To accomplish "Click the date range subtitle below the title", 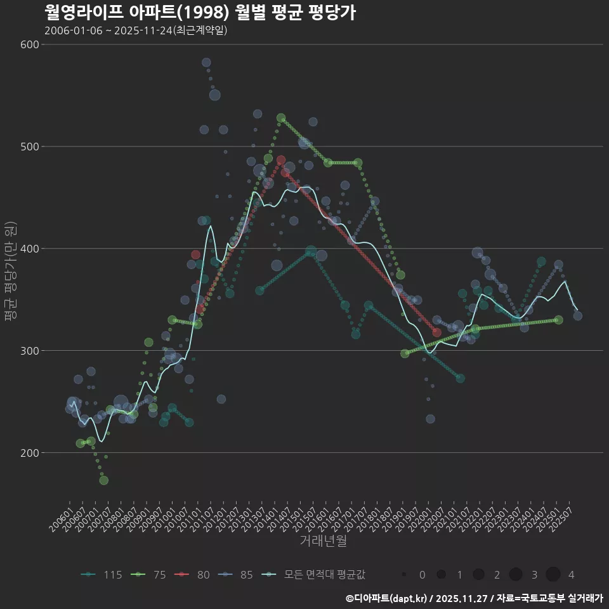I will click(x=136, y=30).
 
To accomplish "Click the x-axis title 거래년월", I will click(x=323, y=541).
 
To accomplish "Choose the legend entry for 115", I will click(x=102, y=575).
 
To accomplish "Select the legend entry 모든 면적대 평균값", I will click(x=315, y=575).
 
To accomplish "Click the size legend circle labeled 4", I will click(x=553, y=575).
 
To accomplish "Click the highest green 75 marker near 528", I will click(x=281, y=118).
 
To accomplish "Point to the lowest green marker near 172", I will click(x=103, y=480).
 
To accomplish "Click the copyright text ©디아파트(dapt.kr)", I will click(x=388, y=598).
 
